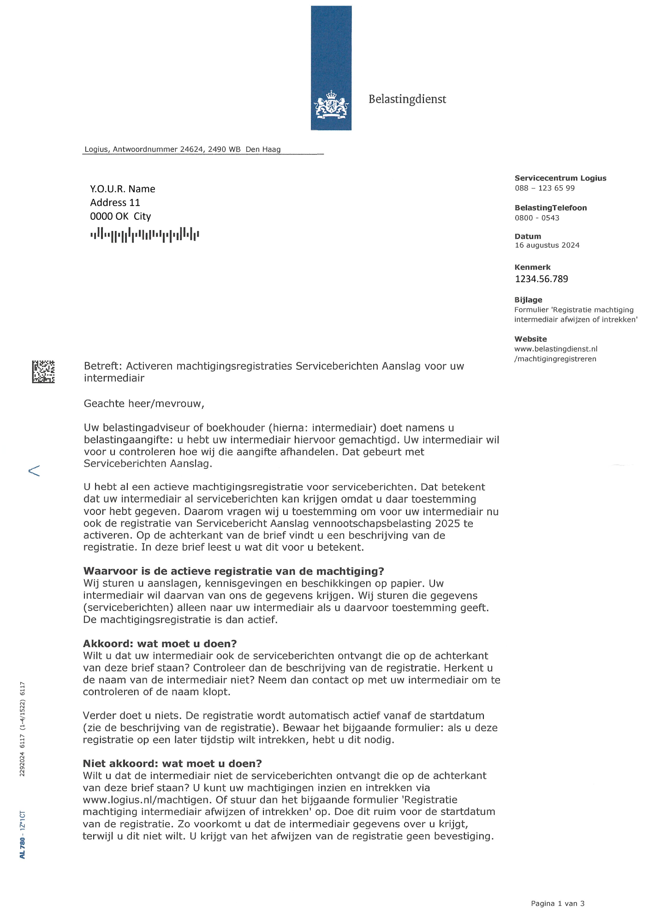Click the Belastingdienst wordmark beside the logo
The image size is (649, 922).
coord(407,99)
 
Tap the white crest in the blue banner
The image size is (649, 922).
coord(331,105)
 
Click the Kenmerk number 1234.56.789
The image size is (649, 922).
coord(541,279)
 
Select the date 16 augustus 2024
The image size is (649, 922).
coord(547,245)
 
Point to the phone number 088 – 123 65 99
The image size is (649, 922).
coord(544,188)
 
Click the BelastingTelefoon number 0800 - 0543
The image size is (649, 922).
coord(536,218)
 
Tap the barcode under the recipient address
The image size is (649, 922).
coord(144,235)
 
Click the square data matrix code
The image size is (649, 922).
coord(43,372)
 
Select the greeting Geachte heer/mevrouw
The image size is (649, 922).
coord(144,404)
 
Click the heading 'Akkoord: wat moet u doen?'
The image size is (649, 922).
coord(160,644)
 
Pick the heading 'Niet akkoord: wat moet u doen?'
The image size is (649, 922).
coord(172,763)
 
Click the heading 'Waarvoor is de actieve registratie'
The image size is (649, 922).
coord(233,571)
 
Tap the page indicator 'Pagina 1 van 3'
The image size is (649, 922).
coord(557,904)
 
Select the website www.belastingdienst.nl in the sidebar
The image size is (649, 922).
coord(555,349)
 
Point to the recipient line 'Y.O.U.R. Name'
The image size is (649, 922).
coord(122,189)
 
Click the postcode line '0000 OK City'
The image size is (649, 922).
coord(120,217)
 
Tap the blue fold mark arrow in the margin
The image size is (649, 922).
coord(34,470)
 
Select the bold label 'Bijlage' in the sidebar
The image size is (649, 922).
coord(528,300)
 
